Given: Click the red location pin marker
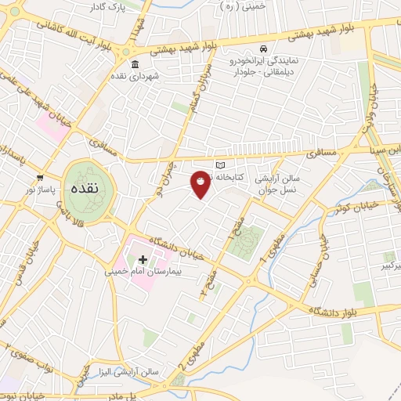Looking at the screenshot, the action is (x=201, y=183).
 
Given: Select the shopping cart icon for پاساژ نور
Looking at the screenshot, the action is (x=39, y=176).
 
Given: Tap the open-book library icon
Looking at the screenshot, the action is (x=220, y=165).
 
